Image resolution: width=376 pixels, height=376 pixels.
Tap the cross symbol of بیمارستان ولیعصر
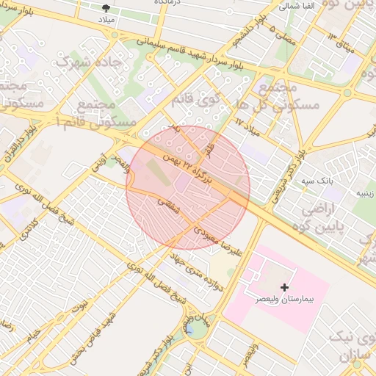click(x=284, y=286)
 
